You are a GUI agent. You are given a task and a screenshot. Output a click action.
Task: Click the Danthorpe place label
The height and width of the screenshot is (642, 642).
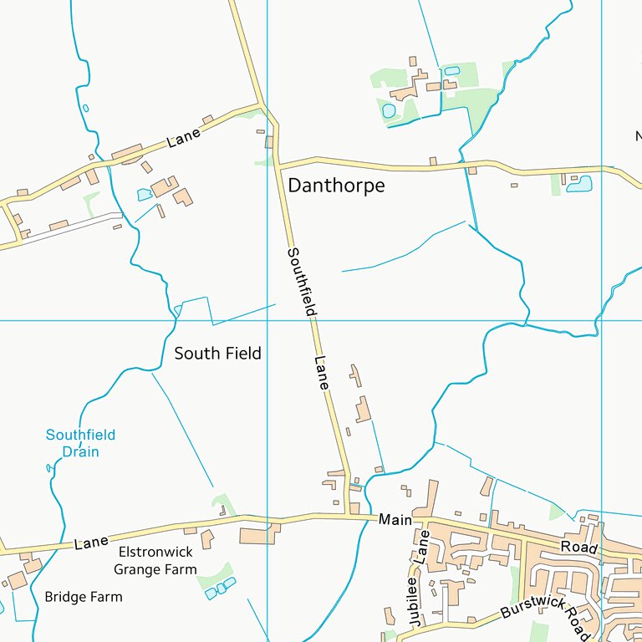point(336,186)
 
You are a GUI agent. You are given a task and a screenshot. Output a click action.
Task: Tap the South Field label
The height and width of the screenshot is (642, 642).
point(217,354)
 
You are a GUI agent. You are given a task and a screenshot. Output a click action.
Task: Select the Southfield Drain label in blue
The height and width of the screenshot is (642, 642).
point(80,443)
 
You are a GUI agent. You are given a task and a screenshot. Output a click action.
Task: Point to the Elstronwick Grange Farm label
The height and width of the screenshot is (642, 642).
point(155,561)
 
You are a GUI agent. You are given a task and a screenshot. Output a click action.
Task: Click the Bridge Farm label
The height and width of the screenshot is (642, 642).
point(83,597)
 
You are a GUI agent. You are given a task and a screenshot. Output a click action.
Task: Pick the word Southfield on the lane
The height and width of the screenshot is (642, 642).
point(302,281)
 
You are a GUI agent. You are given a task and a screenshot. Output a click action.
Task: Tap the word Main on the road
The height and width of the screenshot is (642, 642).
point(395,520)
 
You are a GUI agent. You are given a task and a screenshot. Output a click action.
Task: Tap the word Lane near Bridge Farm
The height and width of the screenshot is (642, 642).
point(91,543)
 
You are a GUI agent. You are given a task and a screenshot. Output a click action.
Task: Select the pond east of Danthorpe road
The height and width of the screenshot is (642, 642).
point(578,184)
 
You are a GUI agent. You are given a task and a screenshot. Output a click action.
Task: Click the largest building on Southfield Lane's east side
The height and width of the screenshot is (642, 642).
point(363,410)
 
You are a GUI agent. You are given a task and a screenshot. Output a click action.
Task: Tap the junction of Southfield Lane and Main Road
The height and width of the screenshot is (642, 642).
point(349,516)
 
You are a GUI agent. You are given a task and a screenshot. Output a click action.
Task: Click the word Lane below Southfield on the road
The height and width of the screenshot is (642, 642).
point(322,373)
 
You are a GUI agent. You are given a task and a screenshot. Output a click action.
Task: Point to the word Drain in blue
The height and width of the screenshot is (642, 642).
point(81,452)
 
